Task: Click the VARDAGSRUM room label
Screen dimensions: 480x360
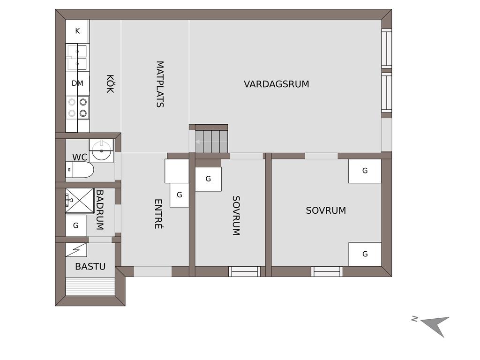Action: (x=276, y=84)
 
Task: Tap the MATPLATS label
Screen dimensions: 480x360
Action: (x=160, y=84)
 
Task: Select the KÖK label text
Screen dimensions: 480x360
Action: (x=110, y=83)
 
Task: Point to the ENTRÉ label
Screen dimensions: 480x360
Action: (x=158, y=214)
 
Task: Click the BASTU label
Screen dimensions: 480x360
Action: (x=90, y=266)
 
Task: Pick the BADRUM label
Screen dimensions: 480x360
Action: (x=100, y=210)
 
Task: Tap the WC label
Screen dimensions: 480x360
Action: (x=80, y=157)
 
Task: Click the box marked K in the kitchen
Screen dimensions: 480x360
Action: (x=77, y=31)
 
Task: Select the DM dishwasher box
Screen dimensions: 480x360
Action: (x=77, y=83)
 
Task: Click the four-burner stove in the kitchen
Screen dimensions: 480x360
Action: (x=77, y=107)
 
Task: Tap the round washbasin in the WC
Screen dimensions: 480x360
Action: (x=101, y=150)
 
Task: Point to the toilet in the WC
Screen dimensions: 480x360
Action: (x=80, y=170)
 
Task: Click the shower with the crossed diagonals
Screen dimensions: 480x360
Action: (x=80, y=201)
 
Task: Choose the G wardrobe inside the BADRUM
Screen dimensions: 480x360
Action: (x=75, y=225)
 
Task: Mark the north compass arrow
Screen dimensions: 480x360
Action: (x=436, y=325)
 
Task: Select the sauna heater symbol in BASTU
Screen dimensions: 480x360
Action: (x=76, y=250)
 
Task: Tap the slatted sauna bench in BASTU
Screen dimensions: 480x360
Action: (x=90, y=286)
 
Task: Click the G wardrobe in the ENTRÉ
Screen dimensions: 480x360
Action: (x=180, y=195)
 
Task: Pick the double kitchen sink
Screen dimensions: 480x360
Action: (x=77, y=57)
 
